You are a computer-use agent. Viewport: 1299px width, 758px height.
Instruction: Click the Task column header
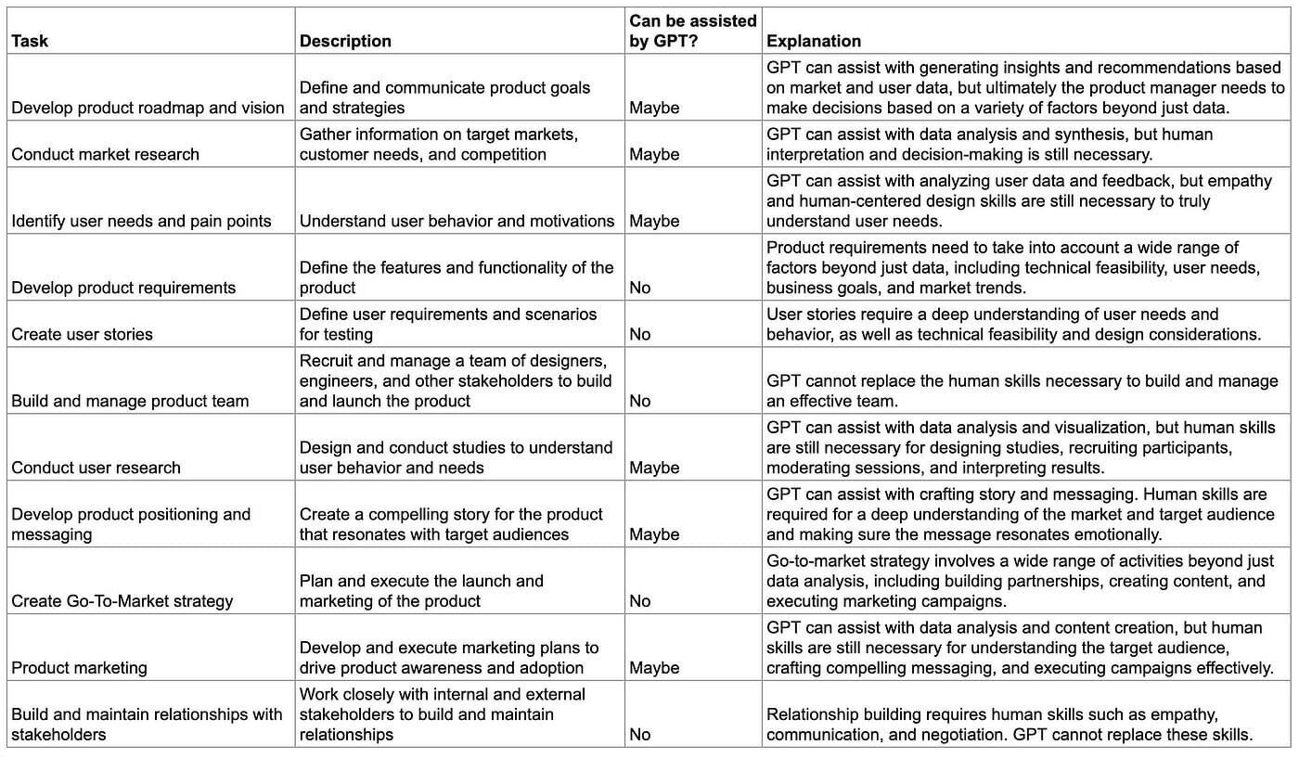point(30,41)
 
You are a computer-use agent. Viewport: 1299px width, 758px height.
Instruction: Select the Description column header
point(345,41)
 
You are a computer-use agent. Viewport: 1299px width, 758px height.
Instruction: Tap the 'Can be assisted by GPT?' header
point(693,31)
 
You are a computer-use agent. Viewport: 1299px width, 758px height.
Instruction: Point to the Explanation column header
point(814,41)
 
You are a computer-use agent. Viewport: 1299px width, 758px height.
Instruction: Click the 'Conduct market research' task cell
point(105,154)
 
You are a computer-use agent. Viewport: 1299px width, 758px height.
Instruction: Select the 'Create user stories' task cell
point(82,334)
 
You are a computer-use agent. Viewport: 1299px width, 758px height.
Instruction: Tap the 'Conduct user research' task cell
point(96,468)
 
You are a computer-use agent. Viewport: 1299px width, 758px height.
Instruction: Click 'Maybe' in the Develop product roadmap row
point(654,108)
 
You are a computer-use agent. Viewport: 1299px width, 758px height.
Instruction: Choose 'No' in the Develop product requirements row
point(640,288)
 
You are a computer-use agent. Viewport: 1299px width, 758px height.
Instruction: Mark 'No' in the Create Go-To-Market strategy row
point(640,601)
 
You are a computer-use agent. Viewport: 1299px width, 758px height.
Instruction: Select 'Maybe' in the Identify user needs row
point(654,221)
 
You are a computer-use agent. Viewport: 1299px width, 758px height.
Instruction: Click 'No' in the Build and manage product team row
point(640,401)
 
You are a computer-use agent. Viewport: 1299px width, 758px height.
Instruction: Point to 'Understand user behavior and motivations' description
point(457,221)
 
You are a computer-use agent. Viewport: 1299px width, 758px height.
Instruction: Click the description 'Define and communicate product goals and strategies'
point(444,97)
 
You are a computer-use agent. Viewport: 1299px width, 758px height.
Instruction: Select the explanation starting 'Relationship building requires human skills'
point(1010,725)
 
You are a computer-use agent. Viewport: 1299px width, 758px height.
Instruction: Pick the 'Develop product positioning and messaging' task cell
point(131,524)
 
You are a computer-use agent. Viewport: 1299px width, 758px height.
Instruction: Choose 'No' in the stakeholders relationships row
point(640,735)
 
